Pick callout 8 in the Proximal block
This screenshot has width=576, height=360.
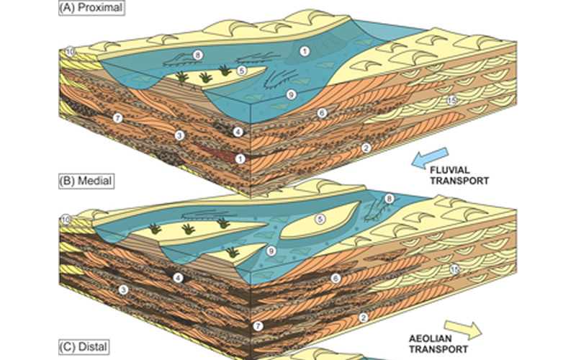coord(196,55)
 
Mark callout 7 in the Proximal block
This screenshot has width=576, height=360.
coord(119,117)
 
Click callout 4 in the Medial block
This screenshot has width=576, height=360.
coord(177,277)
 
